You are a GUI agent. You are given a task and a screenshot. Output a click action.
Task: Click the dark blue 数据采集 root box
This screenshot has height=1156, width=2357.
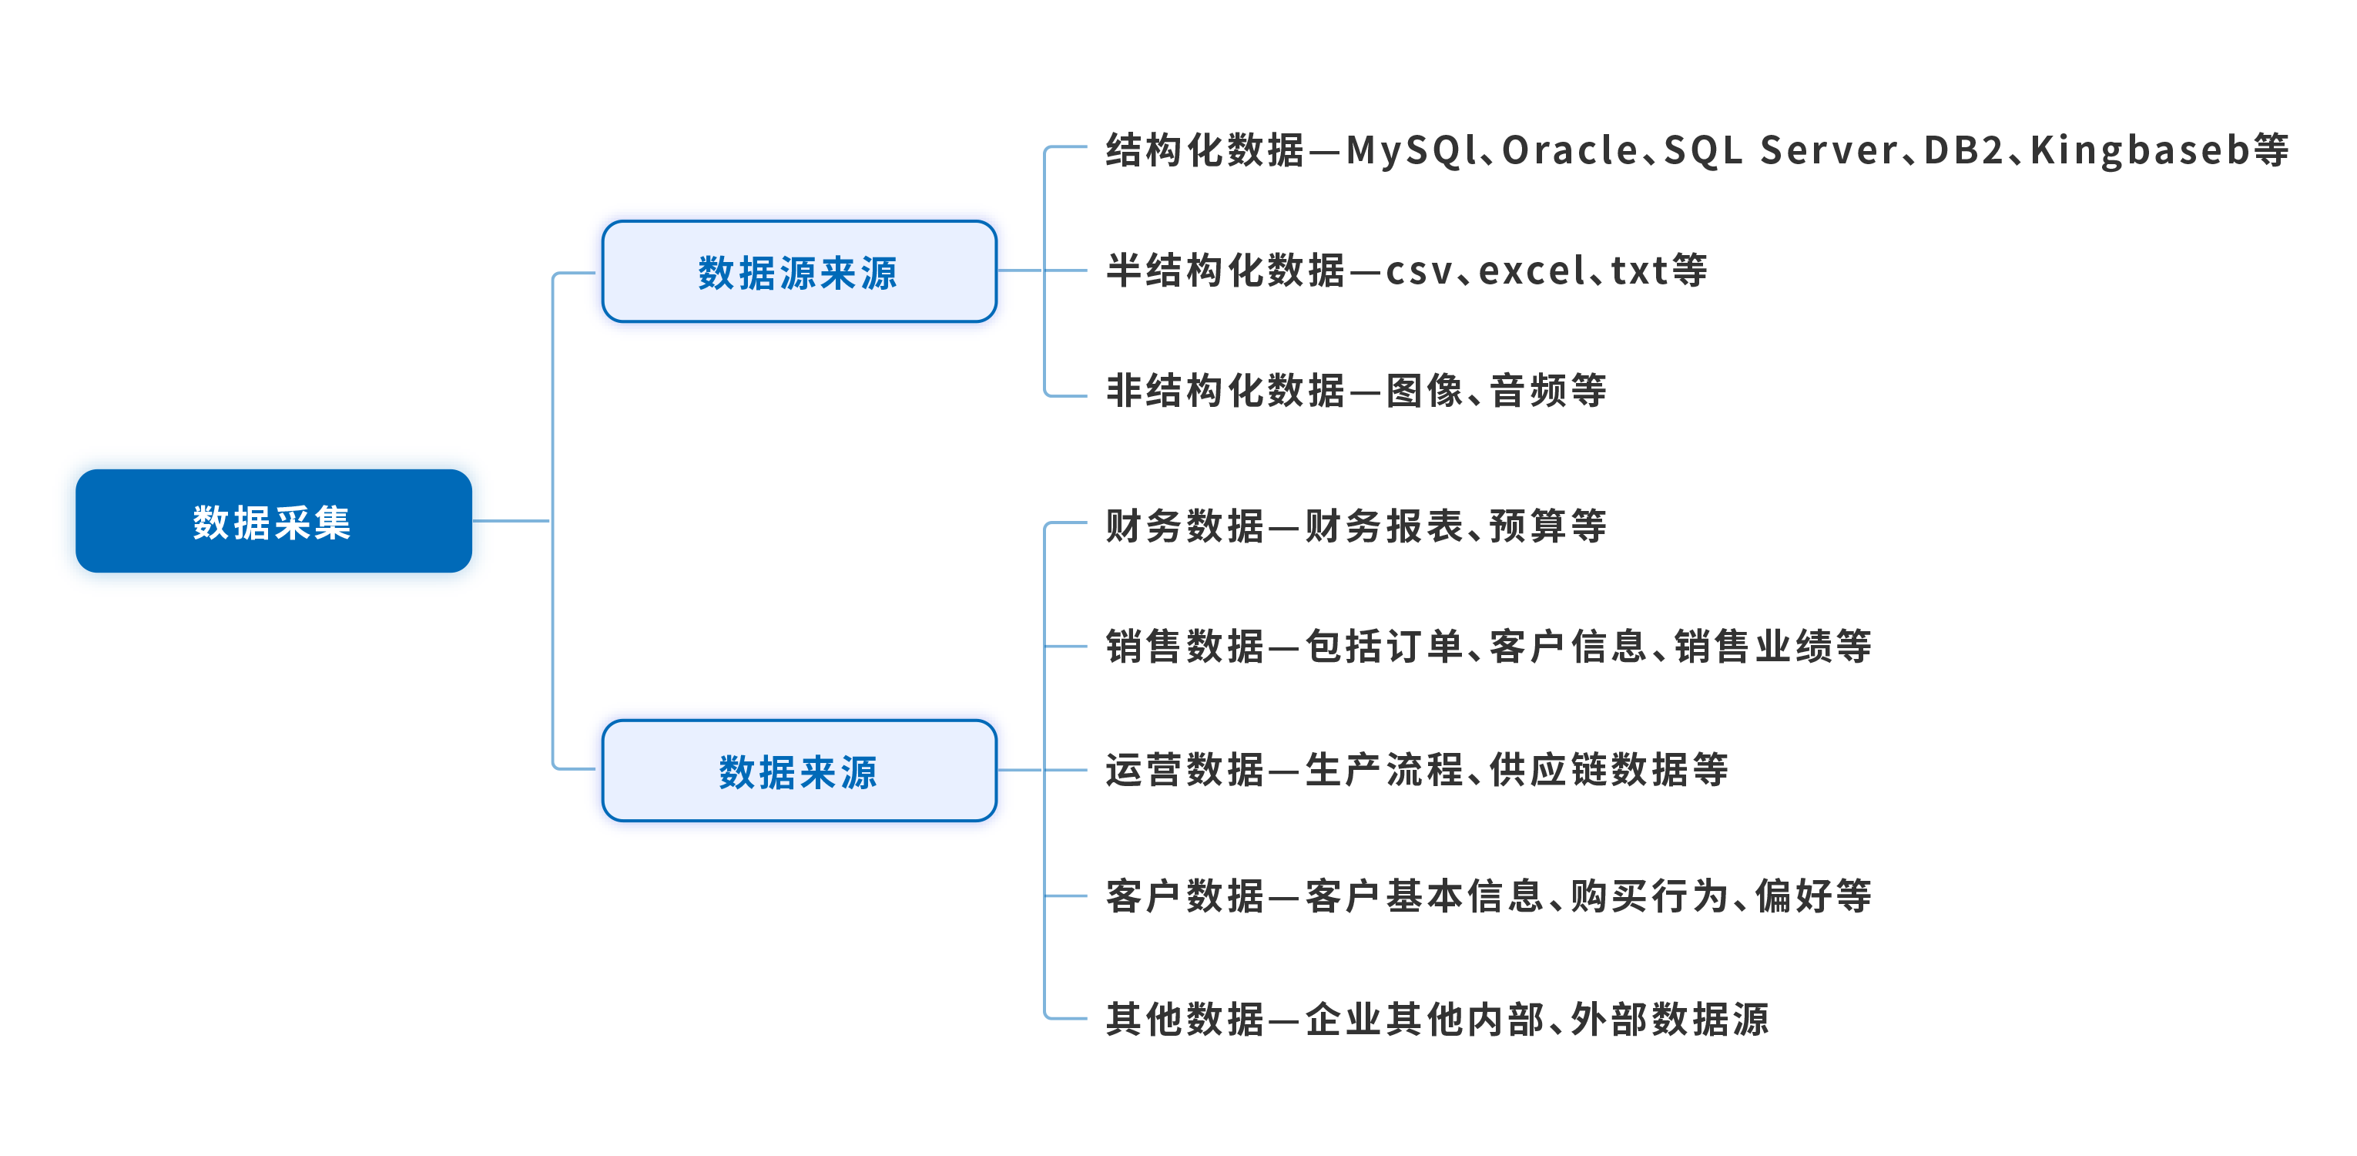[x=273, y=521]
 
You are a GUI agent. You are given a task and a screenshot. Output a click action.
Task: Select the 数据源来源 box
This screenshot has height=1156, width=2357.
[x=799, y=272]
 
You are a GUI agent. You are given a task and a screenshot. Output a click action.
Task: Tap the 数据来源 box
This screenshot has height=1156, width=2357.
[x=799, y=771]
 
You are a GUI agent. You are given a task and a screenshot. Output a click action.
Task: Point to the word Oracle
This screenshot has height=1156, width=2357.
[x=1570, y=150]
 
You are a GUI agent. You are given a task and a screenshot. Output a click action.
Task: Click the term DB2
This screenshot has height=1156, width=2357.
[x=1963, y=150]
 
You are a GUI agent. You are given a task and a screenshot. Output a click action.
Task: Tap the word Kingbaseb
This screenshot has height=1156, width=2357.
[x=2139, y=150]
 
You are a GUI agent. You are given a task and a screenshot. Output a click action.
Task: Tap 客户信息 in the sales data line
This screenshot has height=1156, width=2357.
[x=1569, y=646]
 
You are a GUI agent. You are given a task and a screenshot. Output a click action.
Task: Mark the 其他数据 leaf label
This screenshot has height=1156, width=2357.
[x=1185, y=1019]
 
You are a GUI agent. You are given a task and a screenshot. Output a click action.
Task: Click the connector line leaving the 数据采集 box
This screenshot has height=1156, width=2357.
[x=511, y=521]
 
